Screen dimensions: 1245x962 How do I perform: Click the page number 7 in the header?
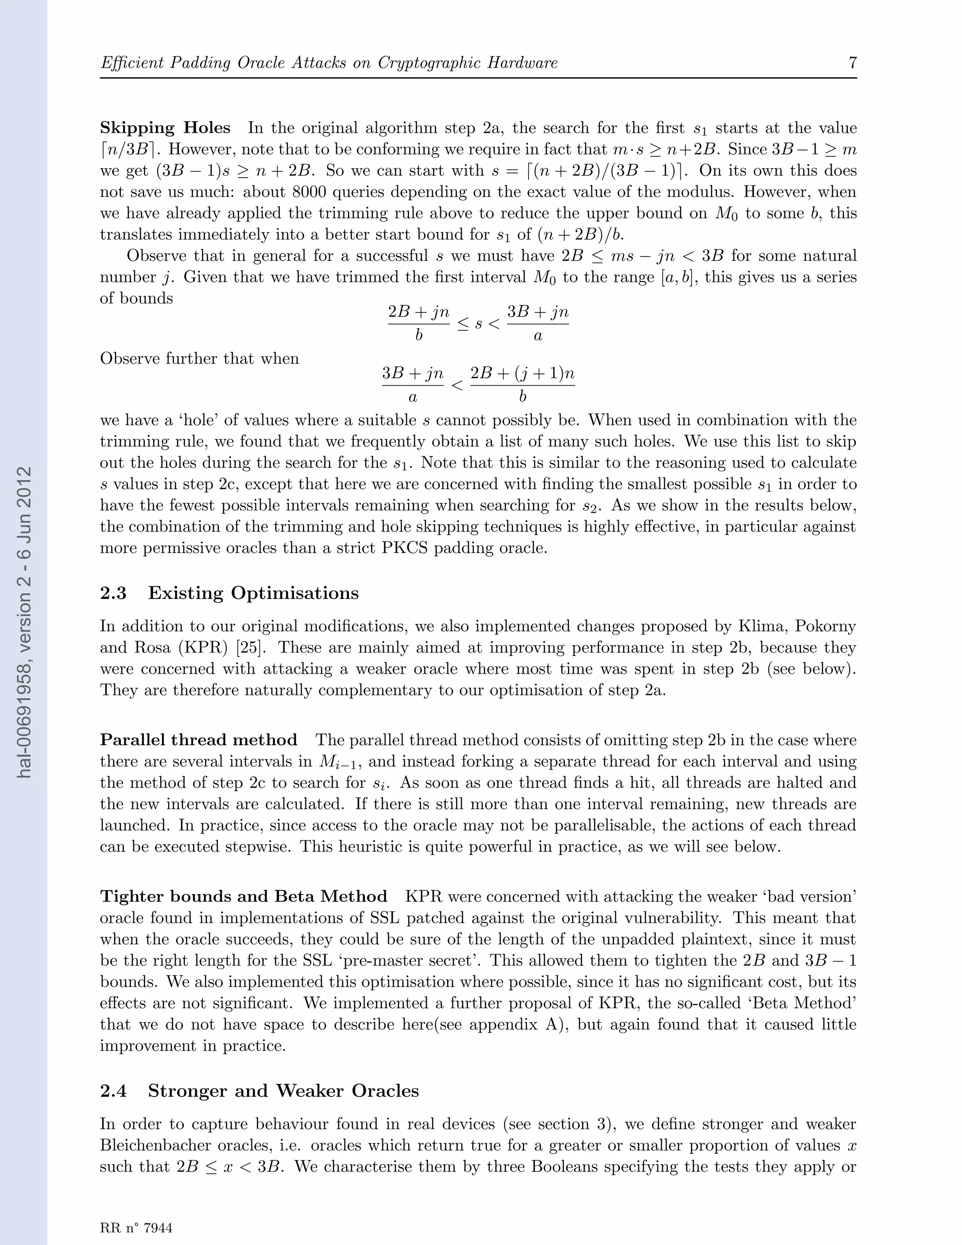(853, 62)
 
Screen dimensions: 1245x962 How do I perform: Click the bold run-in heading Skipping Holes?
(165, 128)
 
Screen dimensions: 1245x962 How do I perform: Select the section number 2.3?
(113, 593)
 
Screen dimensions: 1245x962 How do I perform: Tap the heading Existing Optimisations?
(253, 593)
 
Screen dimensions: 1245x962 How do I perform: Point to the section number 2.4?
(113, 1091)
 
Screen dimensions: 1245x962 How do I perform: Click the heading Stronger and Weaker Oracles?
(283, 1091)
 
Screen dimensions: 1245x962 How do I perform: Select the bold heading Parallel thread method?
(198, 740)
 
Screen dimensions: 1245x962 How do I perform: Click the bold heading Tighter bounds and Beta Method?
(243, 897)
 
